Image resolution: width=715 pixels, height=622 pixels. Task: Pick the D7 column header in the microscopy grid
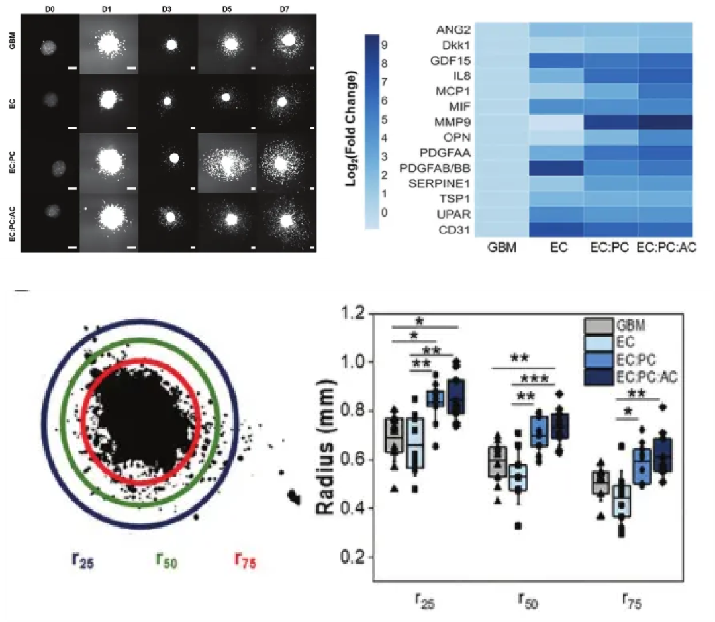pos(287,8)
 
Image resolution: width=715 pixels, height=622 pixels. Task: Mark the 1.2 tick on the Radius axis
pos(357,313)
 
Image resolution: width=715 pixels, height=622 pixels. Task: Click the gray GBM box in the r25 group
pos(395,435)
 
